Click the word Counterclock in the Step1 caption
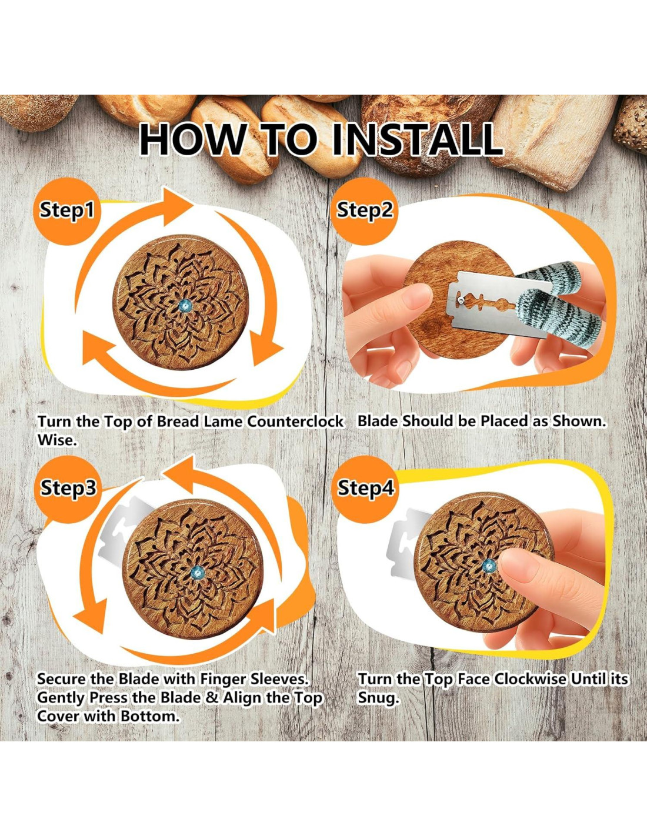295,422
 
